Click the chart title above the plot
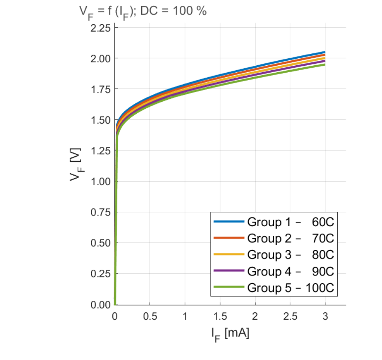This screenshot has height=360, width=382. click(143, 12)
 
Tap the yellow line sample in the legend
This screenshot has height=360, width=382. click(229, 255)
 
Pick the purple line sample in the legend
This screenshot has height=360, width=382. click(229, 271)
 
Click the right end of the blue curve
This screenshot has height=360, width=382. click(325, 52)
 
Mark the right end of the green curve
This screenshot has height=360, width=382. click(325, 65)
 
